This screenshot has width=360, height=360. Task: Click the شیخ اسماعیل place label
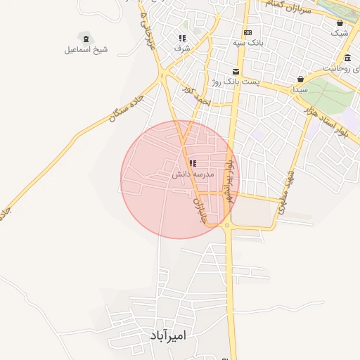(x=86, y=49)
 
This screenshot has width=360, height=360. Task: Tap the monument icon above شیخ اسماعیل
(x=86, y=37)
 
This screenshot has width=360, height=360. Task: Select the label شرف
(x=181, y=49)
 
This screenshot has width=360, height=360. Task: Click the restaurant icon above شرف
(x=182, y=38)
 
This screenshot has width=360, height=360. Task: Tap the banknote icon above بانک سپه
(x=247, y=32)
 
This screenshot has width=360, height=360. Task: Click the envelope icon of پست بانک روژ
(x=236, y=72)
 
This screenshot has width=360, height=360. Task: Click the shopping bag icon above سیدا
(x=301, y=79)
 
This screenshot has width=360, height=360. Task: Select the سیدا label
(x=301, y=89)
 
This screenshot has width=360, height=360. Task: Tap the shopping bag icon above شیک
(x=340, y=22)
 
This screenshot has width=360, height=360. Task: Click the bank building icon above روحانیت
(x=348, y=58)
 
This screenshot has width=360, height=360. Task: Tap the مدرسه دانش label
(x=193, y=174)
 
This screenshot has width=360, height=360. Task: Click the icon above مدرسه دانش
(x=193, y=163)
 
